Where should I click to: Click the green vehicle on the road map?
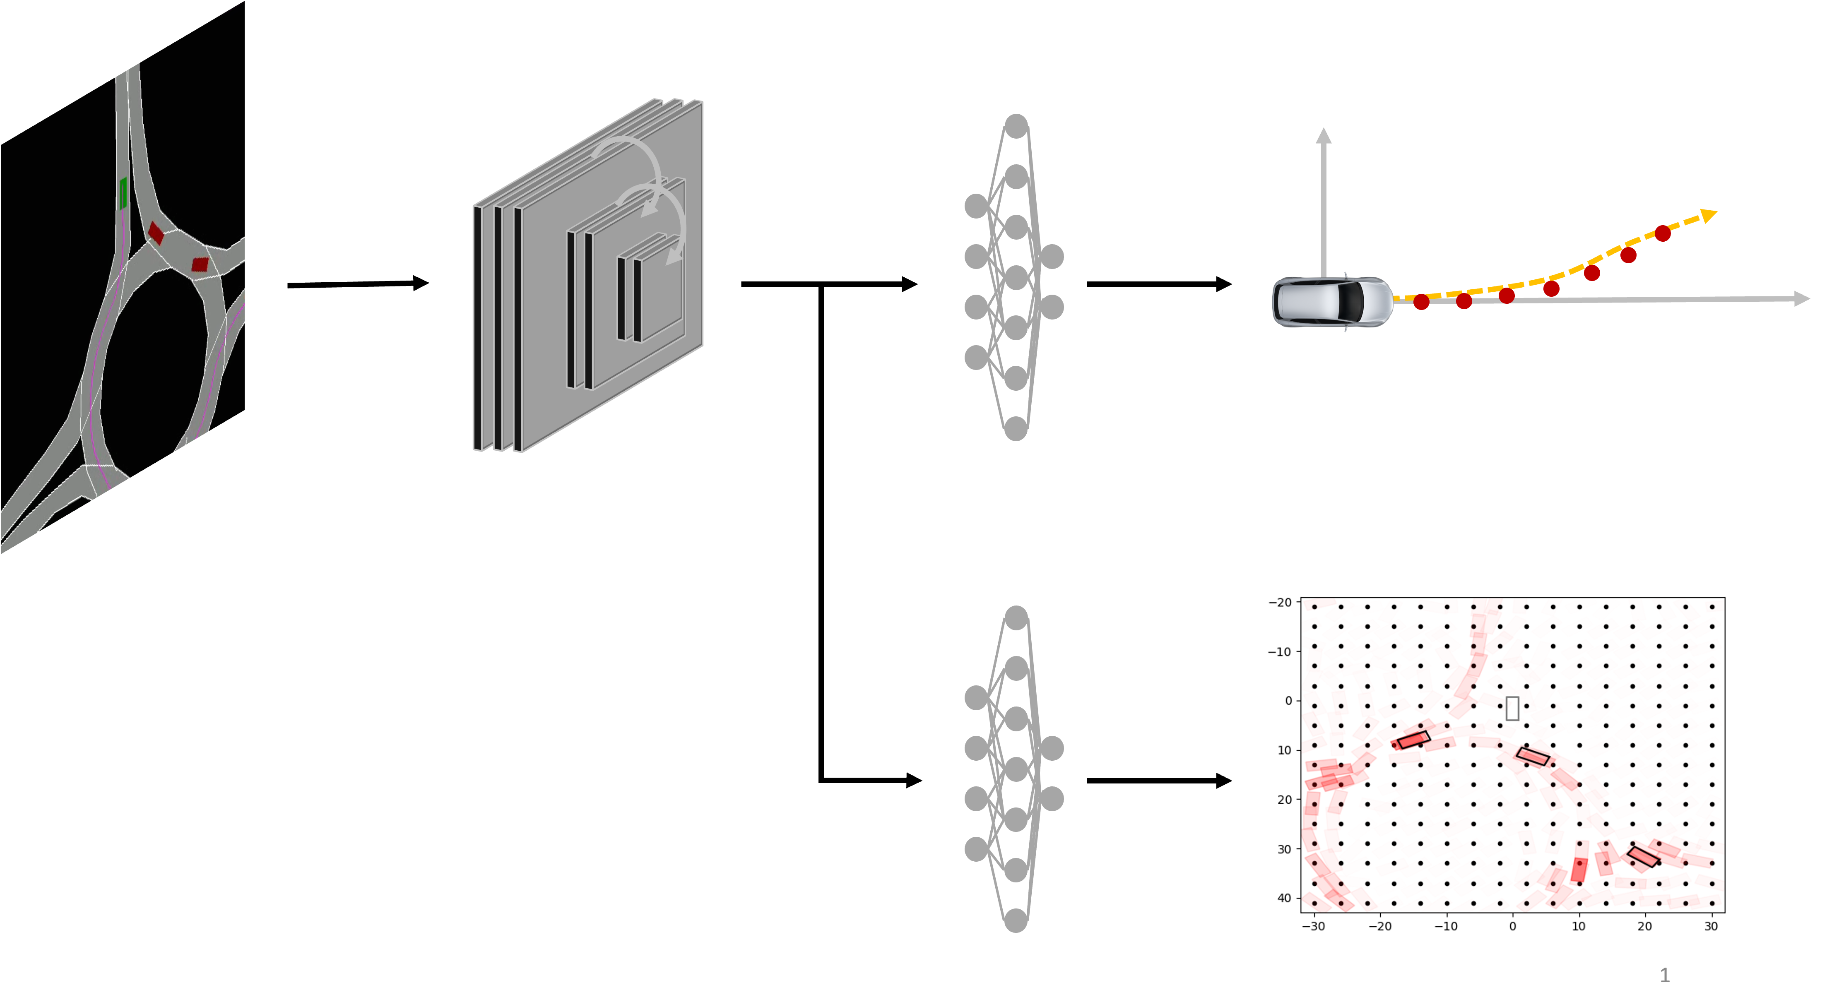[123, 193]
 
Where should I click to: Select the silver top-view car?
[1332, 301]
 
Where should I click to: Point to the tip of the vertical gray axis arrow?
[1324, 132]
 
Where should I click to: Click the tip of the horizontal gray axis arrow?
[1805, 298]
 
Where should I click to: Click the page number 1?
[1665, 976]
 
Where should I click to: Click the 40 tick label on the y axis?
[1284, 898]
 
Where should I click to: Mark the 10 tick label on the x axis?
[1579, 926]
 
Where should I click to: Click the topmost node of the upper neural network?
[1016, 126]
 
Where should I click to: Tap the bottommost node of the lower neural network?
[1016, 920]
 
